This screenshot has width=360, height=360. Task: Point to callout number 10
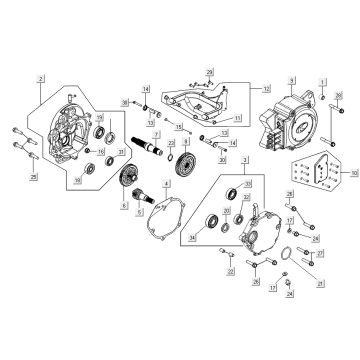point(351,172)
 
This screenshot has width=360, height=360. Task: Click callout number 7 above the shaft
point(155,133)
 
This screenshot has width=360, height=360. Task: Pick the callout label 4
point(167,184)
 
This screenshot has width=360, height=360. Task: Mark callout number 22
point(229,271)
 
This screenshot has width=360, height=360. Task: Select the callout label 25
point(32,177)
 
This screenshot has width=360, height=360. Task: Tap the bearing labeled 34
point(213,223)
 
